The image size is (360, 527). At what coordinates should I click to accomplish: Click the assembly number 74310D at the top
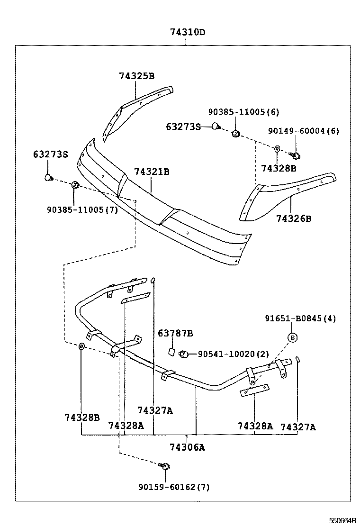pyautogui.click(x=188, y=33)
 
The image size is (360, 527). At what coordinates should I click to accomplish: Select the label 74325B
pyautogui.click(x=136, y=76)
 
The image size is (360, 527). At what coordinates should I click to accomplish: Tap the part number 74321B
pyautogui.click(x=151, y=172)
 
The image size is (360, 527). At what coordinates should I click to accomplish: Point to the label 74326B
pyautogui.click(x=294, y=218)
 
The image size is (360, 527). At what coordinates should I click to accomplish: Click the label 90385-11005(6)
pyautogui.click(x=243, y=112)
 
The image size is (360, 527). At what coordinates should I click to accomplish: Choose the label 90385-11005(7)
pyautogui.click(x=82, y=209)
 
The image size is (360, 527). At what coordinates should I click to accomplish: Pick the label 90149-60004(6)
pyautogui.click(x=303, y=131)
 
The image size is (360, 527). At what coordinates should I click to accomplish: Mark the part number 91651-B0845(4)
pyautogui.click(x=300, y=318)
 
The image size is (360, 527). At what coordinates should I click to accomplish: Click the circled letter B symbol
pyautogui.click(x=293, y=337)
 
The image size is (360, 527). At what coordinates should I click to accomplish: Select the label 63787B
pyautogui.click(x=175, y=334)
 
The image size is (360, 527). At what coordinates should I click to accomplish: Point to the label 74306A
pyautogui.click(x=188, y=447)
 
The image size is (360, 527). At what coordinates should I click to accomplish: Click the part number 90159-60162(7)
pyautogui.click(x=174, y=487)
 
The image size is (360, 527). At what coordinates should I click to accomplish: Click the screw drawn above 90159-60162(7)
pyautogui.click(x=165, y=466)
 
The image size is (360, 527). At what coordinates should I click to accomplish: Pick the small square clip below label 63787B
pyautogui.click(x=172, y=352)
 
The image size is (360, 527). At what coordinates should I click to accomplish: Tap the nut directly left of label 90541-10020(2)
pyautogui.click(x=185, y=354)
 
